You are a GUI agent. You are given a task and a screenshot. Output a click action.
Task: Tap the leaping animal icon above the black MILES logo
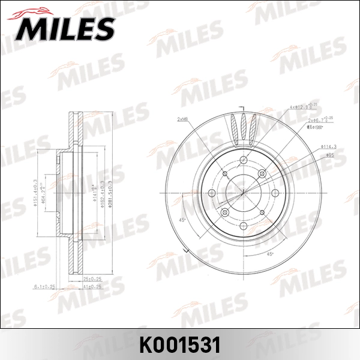(38, 10)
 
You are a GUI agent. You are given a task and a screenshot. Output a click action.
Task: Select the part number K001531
(180, 344)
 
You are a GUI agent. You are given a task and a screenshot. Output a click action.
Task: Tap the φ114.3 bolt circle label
(328, 146)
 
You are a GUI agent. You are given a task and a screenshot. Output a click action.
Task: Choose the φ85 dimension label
(329, 155)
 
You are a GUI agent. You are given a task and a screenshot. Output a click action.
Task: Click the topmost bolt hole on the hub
(243, 160)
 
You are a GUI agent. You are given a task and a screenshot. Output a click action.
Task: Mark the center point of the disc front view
(244, 194)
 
